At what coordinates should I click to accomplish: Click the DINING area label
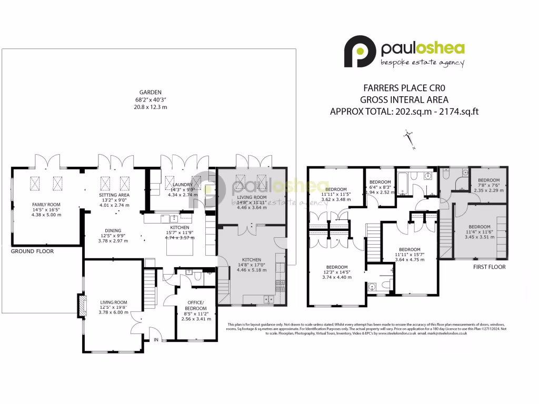[x=113, y=230]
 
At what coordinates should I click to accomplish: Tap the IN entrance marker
[x=156, y=340]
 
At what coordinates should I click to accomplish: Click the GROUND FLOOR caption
[x=32, y=251]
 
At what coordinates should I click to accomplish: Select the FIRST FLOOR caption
[x=489, y=267]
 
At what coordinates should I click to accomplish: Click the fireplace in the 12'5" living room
[x=82, y=307]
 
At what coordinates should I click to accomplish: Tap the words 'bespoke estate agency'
[x=422, y=64]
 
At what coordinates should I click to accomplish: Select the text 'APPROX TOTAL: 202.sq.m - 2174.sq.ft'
[x=404, y=112]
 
